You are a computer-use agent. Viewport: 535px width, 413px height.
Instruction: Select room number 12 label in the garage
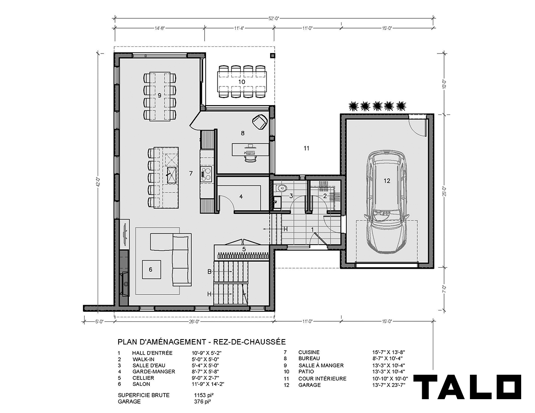[x=387, y=181]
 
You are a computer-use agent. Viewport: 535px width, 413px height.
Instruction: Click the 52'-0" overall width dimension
[x=274, y=18]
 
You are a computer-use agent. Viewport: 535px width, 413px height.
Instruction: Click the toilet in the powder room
[x=281, y=188]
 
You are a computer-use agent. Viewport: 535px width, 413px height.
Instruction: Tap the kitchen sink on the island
[x=172, y=175]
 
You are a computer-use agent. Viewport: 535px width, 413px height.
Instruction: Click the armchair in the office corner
[x=260, y=122]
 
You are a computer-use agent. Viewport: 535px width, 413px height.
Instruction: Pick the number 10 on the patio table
[x=242, y=82]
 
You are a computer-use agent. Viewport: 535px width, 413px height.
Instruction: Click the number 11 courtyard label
[x=306, y=148]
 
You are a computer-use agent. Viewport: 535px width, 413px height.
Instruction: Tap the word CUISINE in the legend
[x=309, y=352]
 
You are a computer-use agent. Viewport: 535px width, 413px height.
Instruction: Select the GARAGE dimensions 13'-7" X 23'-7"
[x=388, y=385]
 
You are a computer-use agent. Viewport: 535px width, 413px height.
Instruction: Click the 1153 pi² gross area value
[x=204, y=395]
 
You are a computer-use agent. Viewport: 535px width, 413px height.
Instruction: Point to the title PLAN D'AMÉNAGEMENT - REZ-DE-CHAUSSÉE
[x=202, y=342]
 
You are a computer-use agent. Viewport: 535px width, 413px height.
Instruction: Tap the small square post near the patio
[x=272, y=56]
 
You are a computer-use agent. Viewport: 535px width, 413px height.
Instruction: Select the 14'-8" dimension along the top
[x=160, y=28]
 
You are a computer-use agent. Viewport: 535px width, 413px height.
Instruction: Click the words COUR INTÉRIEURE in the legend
[x=322, y=379]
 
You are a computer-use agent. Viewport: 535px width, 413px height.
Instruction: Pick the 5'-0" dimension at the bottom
[x=99, y=322]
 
